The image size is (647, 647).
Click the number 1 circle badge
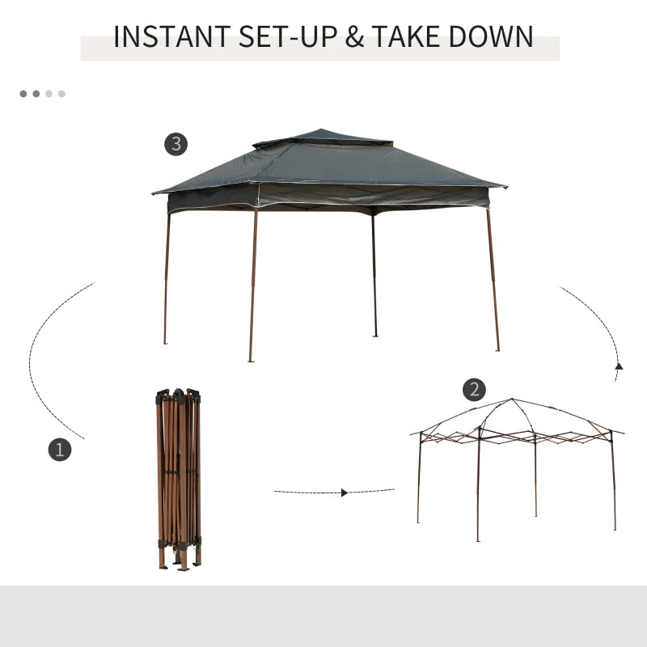tap(60, 450)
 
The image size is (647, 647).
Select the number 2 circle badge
tap(474, 390)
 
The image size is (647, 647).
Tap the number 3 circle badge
tap(176, 145)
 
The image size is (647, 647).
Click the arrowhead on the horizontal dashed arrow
tap(345, 492)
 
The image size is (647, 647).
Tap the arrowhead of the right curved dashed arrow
tap(619, 366)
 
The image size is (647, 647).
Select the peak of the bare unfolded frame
tap(511, 400)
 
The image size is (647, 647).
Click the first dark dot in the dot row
tap(23, 94)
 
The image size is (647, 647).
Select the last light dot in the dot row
tap(61, 94)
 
